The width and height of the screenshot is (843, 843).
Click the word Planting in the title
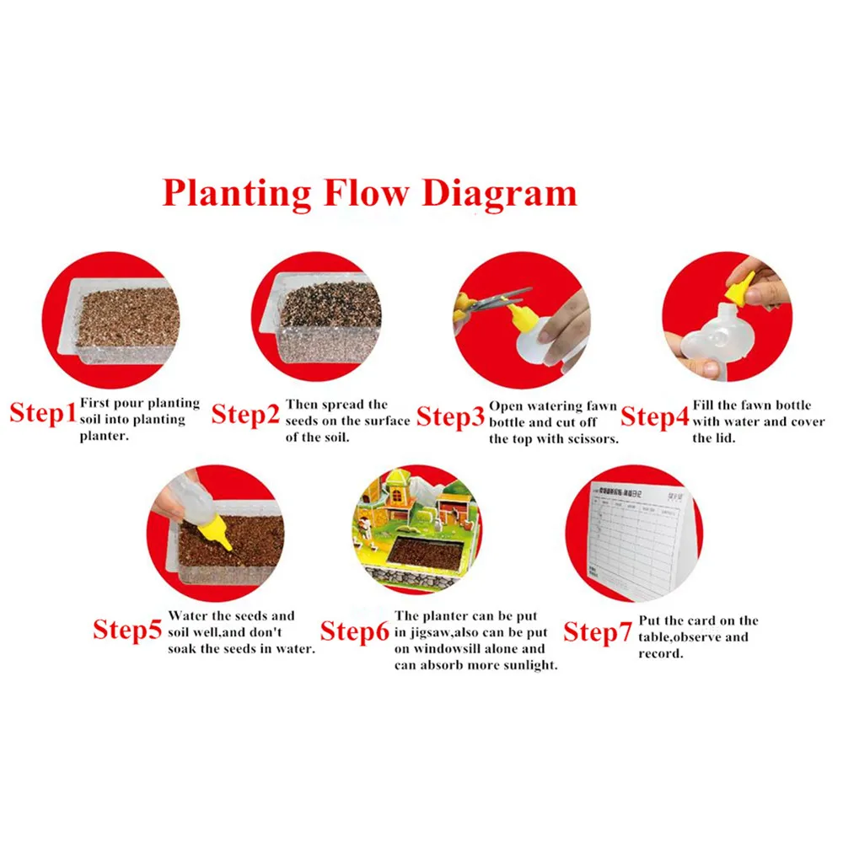click(x=237, y=193)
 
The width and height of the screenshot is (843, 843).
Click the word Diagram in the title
click(x=499, y=193)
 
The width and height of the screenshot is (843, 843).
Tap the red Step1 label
click(x=43, y=414)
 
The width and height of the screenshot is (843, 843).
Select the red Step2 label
click(x=244, y=415)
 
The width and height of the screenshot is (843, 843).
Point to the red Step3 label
click(x=451, y=416)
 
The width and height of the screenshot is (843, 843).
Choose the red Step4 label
click(x=655, y=416)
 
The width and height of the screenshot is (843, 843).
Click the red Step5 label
click(x=126, y=629)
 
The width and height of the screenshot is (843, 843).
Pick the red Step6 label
click(x=354, y=631)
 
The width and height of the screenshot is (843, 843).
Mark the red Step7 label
click(x=597, y=631)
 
